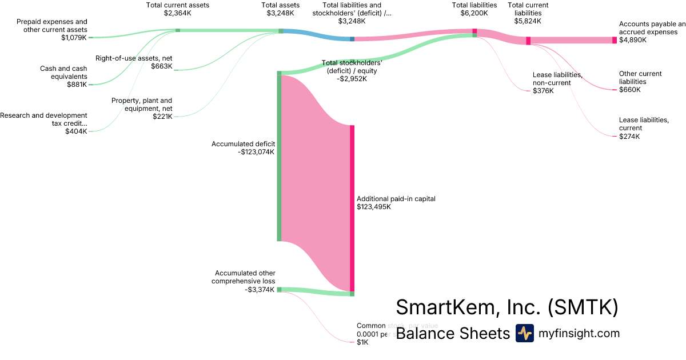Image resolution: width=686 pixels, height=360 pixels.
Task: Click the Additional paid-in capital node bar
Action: click(352, 208)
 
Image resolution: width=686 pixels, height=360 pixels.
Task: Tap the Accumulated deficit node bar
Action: click(279, 157)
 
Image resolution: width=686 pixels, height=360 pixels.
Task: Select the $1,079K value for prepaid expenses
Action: click(74, 38)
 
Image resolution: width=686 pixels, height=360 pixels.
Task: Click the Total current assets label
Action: click(178, 5)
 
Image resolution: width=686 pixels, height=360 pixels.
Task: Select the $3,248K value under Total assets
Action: click(281, 13)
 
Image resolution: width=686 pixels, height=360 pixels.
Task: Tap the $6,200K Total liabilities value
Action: click(474, 13)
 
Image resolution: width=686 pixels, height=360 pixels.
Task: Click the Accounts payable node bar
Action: click(615, 40)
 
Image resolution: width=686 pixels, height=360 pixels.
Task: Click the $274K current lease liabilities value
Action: click(629, 137)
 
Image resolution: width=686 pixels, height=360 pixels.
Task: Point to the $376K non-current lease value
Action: click(543, 91)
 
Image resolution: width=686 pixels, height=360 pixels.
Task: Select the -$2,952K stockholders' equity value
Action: click(352, 79)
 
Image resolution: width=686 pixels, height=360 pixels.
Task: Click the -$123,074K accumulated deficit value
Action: click(256, 152)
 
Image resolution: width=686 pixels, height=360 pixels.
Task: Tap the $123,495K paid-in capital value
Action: click(374, 207)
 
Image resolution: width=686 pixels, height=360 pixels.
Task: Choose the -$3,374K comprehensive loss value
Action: click(260, 290)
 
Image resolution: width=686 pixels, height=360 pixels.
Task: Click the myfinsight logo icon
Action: click(525, 333)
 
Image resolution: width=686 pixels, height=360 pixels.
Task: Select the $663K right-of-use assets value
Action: click(162, 66)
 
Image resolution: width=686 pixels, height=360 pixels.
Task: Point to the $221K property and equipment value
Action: click(162, 117)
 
